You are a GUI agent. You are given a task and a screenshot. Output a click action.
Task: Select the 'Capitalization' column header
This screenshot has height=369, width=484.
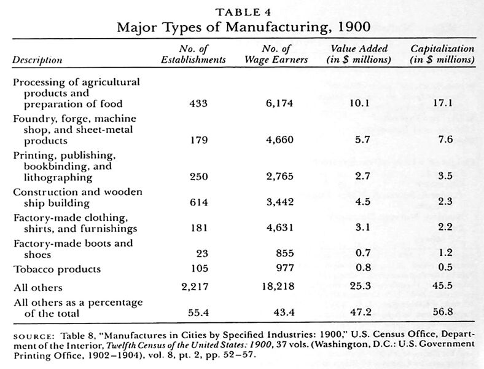tap(442, 48)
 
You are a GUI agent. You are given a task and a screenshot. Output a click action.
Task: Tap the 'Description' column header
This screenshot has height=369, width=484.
tap(37, 60)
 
